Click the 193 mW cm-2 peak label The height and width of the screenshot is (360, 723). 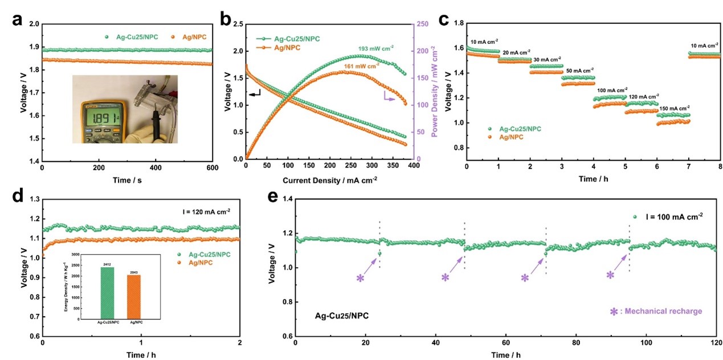pos(376,48)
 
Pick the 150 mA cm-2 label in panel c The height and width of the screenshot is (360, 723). pos(673,108)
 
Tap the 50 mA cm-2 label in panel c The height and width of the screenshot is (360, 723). pos(578,71)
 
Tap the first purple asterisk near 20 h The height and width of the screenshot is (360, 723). pos(360,278)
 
